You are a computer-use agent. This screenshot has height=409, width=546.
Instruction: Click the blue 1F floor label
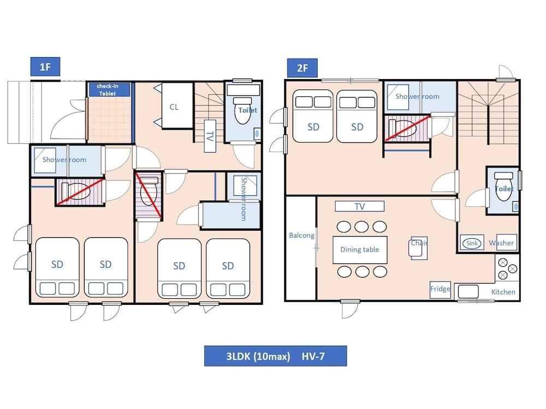tap(45, 68)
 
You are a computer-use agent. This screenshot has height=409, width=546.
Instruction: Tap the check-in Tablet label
tap(108, 90)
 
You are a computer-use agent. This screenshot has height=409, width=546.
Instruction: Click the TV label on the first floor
tap(209, 137)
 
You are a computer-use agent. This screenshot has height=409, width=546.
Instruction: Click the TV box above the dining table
tap(359, 207)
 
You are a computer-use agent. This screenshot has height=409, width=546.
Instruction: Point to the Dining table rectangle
tap(360, 249)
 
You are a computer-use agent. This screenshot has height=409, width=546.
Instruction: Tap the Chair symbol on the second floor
tap(419, 249)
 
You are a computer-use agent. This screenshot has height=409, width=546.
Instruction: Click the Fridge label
tap(440, 289)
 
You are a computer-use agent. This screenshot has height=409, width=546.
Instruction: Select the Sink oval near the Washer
tap(471, 243)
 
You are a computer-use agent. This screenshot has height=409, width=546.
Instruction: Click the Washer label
tap(501, 243)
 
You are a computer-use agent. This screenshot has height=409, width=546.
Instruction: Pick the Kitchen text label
tap(503, 292)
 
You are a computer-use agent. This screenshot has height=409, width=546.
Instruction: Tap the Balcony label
tap(301, 236)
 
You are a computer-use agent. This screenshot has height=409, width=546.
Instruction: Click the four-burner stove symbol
tap(507, 268)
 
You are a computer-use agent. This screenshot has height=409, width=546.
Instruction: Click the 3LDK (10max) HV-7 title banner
tap(275, 356)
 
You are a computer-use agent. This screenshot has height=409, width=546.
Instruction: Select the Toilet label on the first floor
tap(247, 110)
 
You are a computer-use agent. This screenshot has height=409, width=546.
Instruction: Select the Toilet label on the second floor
tap(504, 189)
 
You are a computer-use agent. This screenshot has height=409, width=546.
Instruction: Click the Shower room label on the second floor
tap(417, 97)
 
